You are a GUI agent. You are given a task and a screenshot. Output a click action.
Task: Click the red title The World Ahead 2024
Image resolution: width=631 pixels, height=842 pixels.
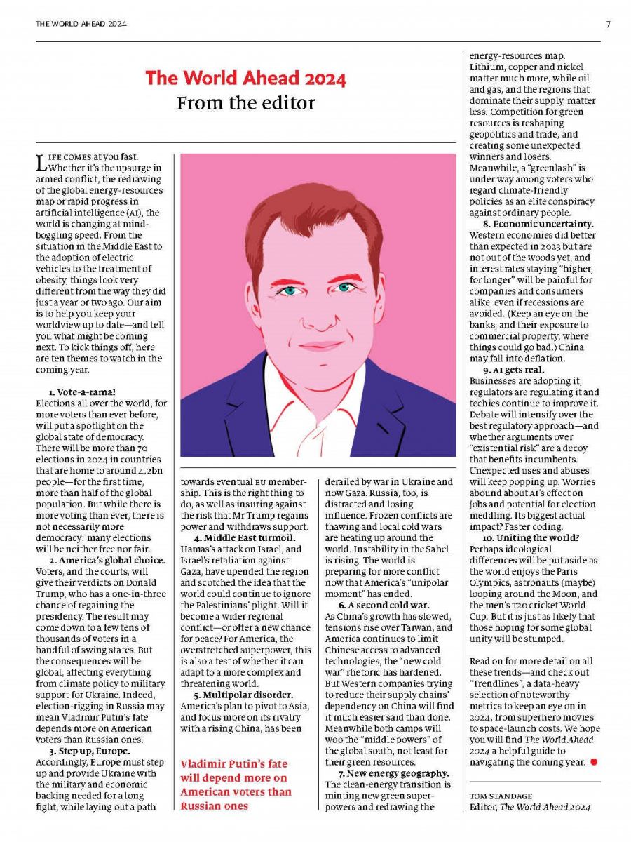click(x=245, y=79)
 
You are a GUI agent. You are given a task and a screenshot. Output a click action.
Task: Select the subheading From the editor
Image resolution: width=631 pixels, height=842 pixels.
click(x=245, y=103)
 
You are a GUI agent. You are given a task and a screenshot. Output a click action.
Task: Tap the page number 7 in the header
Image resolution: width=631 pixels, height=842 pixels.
click(x=608, y=24)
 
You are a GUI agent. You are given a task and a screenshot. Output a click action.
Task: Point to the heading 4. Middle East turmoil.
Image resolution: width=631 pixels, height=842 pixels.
click(x=245, y=538)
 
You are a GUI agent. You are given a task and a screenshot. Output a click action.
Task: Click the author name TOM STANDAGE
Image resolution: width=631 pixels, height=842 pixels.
click(x=501, y=795)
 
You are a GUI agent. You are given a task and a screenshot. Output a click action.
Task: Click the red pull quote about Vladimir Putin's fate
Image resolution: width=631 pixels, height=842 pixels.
click(x=236, y=784)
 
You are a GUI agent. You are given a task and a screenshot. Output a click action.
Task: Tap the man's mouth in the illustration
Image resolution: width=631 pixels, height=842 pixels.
click(x=319, y=345)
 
